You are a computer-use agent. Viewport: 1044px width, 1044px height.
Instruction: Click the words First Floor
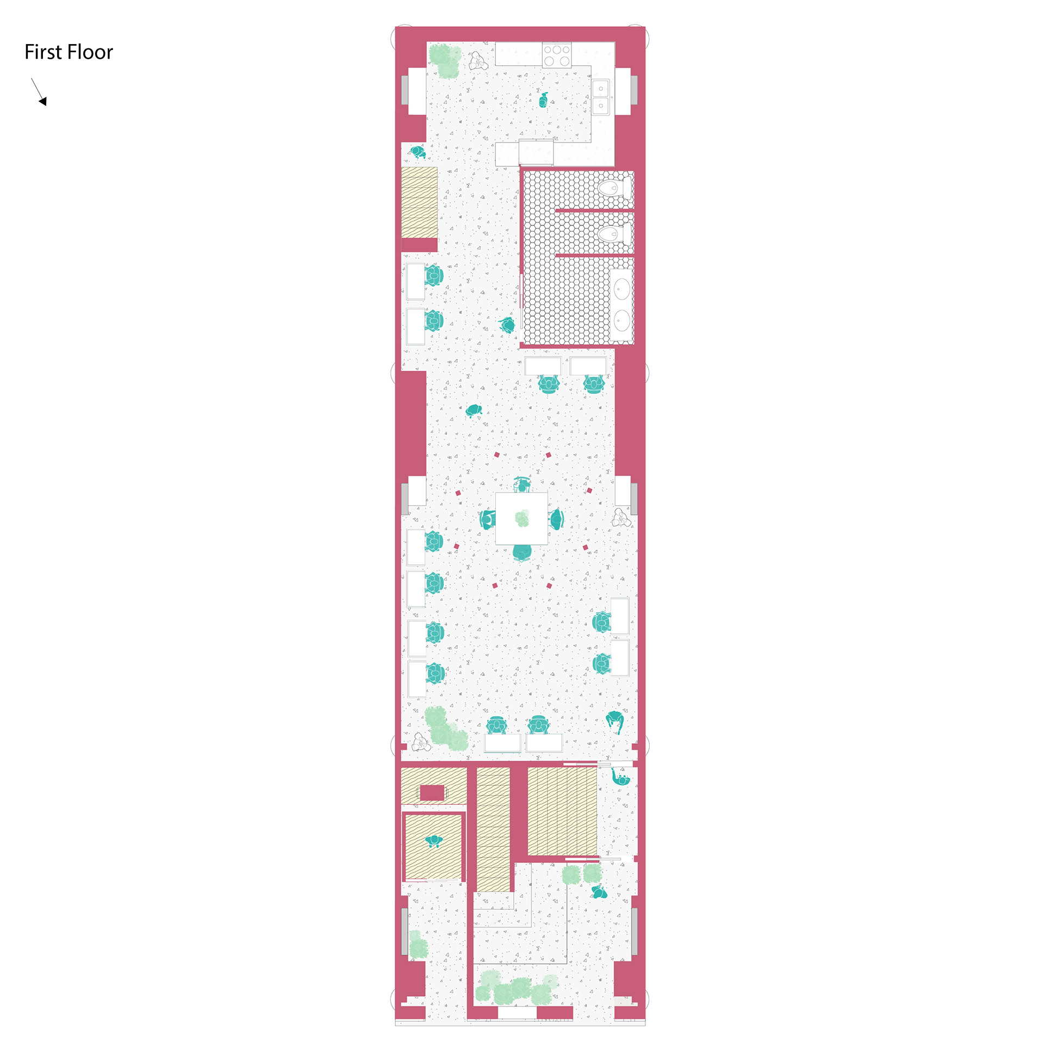click(69, 52)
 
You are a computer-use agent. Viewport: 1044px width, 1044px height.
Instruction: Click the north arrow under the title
click(39, 91)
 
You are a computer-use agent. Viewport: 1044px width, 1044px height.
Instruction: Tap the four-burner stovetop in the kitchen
click(557, 55)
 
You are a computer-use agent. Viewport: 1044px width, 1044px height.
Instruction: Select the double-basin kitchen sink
click(601, 97)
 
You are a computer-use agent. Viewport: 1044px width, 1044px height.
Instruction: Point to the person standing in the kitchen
click(543, 100)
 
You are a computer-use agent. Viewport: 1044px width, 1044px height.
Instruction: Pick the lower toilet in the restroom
click(614, 234)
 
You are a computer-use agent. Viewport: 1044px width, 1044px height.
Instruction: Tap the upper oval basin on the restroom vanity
click(622, 289)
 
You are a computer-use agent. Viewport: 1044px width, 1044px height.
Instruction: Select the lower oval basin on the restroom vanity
click(622, 321)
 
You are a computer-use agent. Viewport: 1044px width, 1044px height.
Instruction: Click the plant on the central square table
click(522, 518)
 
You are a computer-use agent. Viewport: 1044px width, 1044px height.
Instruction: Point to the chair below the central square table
click(522, 552)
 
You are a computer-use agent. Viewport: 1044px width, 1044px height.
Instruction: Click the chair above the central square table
click(522, 484)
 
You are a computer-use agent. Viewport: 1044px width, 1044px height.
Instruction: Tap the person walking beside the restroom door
click(507, 325)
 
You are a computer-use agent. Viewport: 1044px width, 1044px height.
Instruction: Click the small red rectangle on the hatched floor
click(432, 793)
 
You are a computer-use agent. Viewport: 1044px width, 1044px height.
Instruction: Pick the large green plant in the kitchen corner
click(445, 61)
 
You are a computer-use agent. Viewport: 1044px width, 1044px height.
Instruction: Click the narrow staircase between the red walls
click(493, 830)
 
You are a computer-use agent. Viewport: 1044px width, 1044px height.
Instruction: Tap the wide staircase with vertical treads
click(562, 811)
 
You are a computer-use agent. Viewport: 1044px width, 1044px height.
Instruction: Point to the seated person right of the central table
click(556, 519)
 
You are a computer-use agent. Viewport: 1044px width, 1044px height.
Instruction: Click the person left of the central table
click(487, 519)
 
